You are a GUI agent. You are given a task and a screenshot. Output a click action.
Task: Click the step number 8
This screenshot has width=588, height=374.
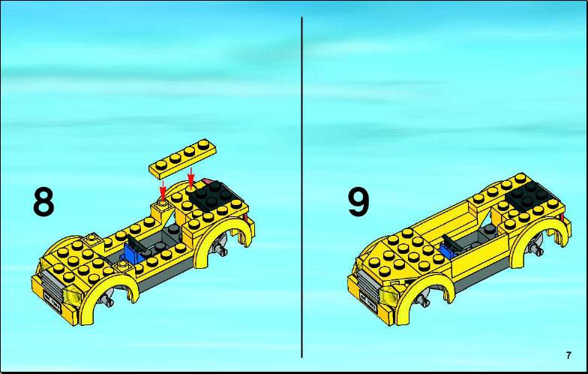(43, 202)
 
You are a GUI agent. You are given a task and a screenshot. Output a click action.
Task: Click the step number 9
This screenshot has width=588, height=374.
(358, 202)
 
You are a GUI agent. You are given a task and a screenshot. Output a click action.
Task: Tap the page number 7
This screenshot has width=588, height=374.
(568, 355)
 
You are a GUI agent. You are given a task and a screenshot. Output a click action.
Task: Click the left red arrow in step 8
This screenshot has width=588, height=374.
(163, 190)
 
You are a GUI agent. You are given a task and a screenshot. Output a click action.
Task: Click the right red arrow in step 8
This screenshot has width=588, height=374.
(191, 177)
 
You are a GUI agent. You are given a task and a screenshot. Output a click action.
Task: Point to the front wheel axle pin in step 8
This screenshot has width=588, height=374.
(109, 300)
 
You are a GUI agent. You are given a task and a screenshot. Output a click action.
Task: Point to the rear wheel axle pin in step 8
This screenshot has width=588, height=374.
(219, 249)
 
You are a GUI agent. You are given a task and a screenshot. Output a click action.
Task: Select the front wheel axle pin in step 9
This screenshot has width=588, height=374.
(424, 300)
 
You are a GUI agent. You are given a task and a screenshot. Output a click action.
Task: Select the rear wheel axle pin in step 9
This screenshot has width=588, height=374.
(535, 249)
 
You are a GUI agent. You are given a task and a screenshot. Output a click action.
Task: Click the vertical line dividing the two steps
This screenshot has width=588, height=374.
(301, 187)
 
